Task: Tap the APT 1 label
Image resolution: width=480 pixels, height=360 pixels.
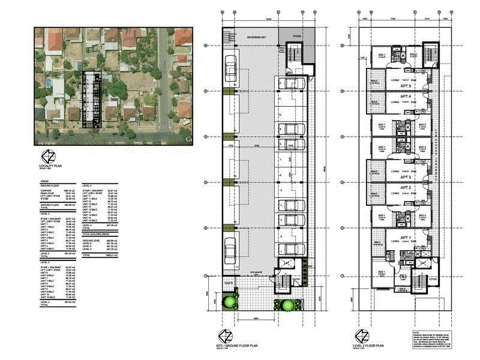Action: tap(406, 238)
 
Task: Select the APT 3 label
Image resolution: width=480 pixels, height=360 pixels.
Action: tap(406, 178)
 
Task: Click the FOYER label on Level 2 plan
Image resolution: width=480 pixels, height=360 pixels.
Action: tap(432, 278)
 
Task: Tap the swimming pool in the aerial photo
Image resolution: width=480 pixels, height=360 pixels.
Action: tap(49, 82)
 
